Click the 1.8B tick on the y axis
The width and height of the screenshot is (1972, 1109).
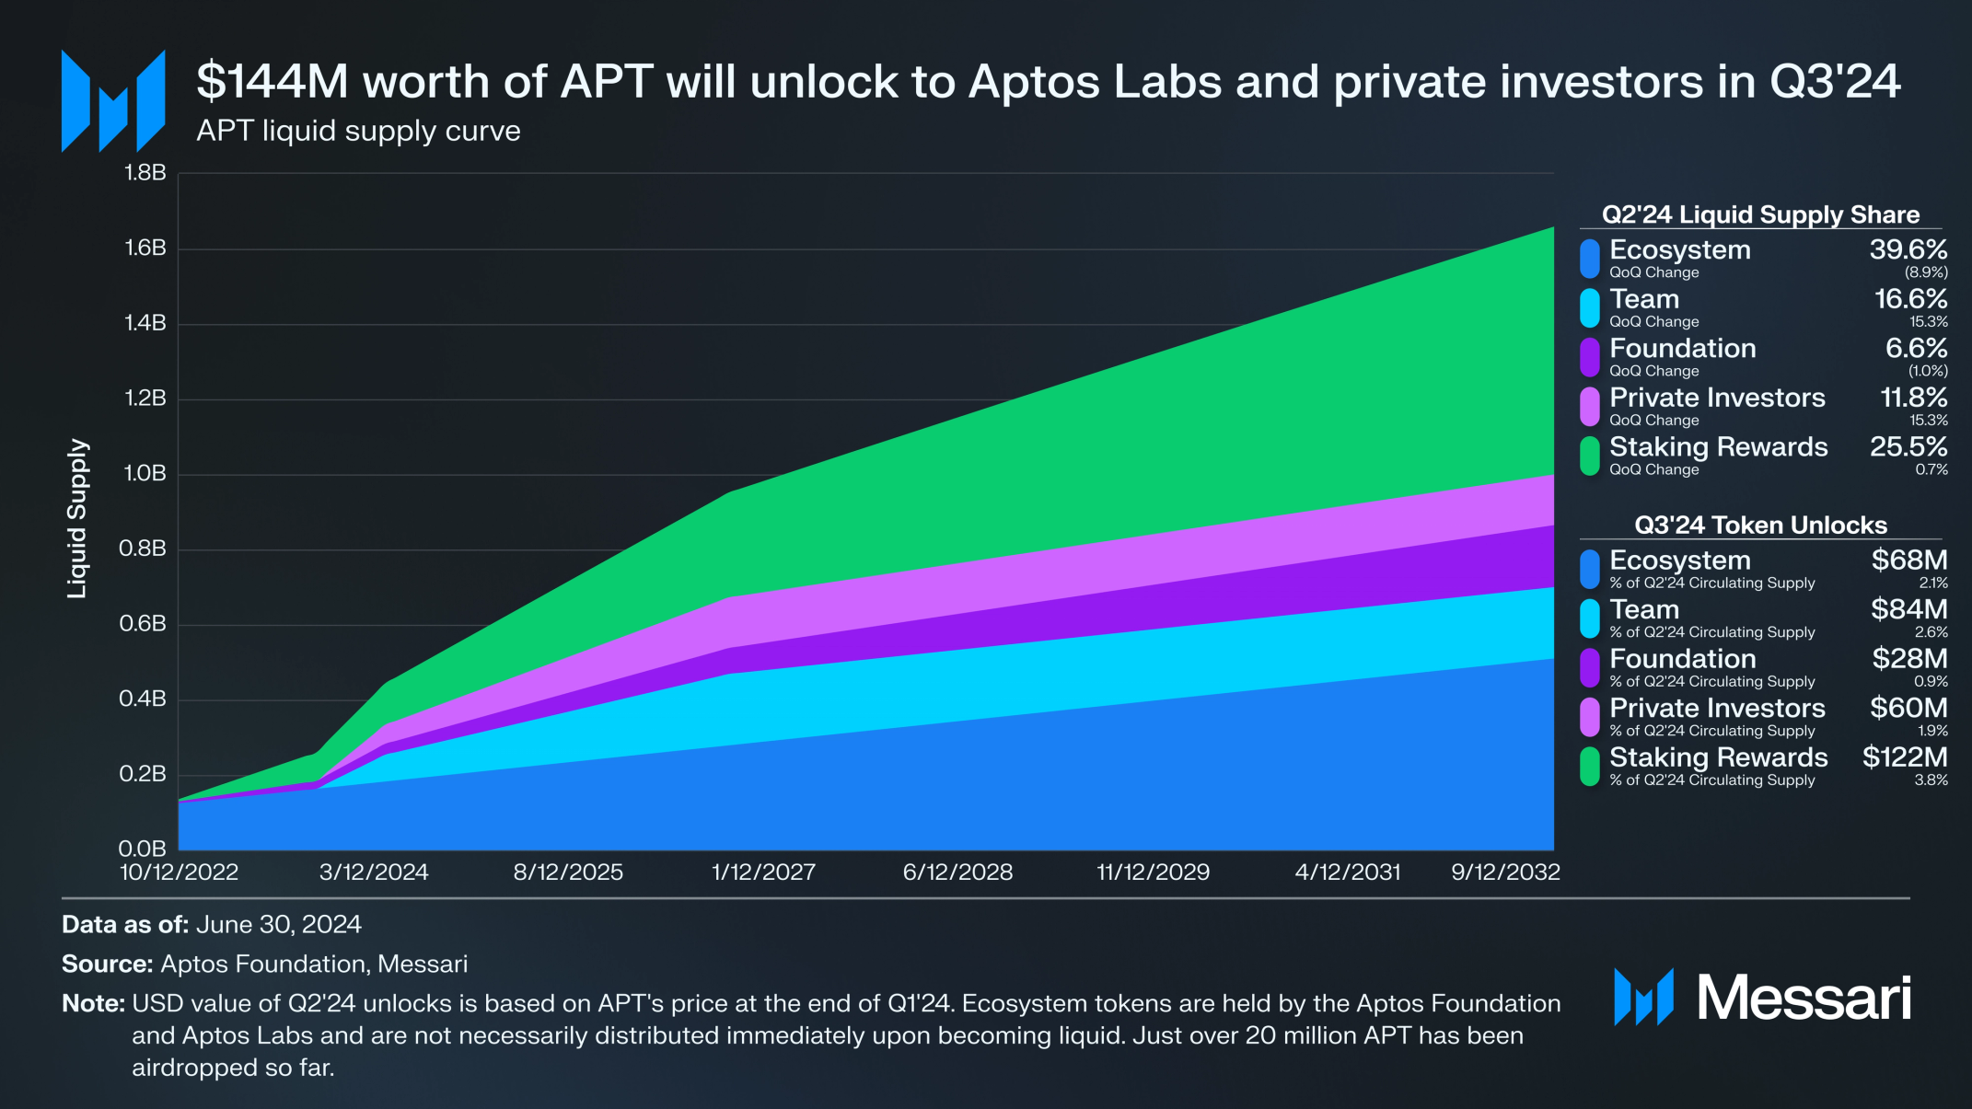click(x=145, y=173)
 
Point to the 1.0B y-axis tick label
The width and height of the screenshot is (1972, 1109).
click(x=145, y=474)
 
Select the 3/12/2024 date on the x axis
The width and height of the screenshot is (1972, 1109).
click(x=373, y=872)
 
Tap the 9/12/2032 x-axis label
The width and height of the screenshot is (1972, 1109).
click(x=1505, y=872)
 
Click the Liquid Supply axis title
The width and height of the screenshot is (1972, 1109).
click(x=77, y=518)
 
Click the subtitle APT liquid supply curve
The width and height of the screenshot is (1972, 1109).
click(x=358, y=131)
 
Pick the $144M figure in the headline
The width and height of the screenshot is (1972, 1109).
click(x=273, y=82)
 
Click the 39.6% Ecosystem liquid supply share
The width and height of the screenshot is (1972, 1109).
click(x=1908, y=250)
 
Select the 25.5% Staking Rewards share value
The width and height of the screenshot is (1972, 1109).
click(x=1908, y=447)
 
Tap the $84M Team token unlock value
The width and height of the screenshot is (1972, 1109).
click(x=1908, y=609)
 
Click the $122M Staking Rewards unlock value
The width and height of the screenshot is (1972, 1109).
click(x=1904, y=757)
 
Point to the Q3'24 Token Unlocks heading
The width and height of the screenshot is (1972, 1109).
click(x=1759, y=526)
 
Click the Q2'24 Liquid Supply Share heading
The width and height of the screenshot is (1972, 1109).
click(x=1759, y=214)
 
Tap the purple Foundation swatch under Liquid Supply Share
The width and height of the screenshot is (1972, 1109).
click(x=1589, y=357)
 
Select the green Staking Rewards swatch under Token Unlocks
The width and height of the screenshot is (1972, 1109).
click(x=1589, y=766)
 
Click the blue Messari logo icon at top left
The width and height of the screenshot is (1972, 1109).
click(x=113, y=101)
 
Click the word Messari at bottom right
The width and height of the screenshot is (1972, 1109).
click(x=1803, y=998)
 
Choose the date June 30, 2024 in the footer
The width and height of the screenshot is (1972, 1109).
click(x=278, y=925)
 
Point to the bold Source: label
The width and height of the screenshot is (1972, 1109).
click(x=107, y=965)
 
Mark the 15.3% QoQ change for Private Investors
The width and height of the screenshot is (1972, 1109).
click(x=1928, y=421)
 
